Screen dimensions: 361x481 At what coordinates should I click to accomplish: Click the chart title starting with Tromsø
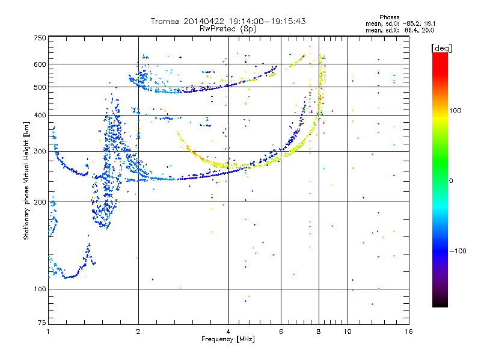click(228, 21)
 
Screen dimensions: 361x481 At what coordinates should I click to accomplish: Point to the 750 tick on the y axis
click(40, 38)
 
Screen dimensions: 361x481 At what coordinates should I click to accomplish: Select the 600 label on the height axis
click(40, 64)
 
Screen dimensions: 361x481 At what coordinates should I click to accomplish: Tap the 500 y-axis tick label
click(40, 87)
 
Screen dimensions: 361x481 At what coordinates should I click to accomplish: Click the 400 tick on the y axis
click(40, 116)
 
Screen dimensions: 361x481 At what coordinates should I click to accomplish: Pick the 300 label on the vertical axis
click(40, 152)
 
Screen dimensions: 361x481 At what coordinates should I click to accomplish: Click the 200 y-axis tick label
click(40, 202)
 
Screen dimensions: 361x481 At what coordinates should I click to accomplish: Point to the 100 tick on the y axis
click(40, 289)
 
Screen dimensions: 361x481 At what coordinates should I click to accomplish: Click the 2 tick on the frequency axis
click(138, 332)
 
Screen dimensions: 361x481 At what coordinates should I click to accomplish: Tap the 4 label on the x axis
click(228, 332)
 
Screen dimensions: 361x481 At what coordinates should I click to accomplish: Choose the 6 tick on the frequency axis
click(281, 332)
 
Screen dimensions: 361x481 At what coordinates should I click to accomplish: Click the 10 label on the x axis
click(347, 332)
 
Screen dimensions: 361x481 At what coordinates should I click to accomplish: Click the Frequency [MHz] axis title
click(228, 339)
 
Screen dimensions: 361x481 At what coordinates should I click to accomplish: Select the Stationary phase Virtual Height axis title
click(26, 180)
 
